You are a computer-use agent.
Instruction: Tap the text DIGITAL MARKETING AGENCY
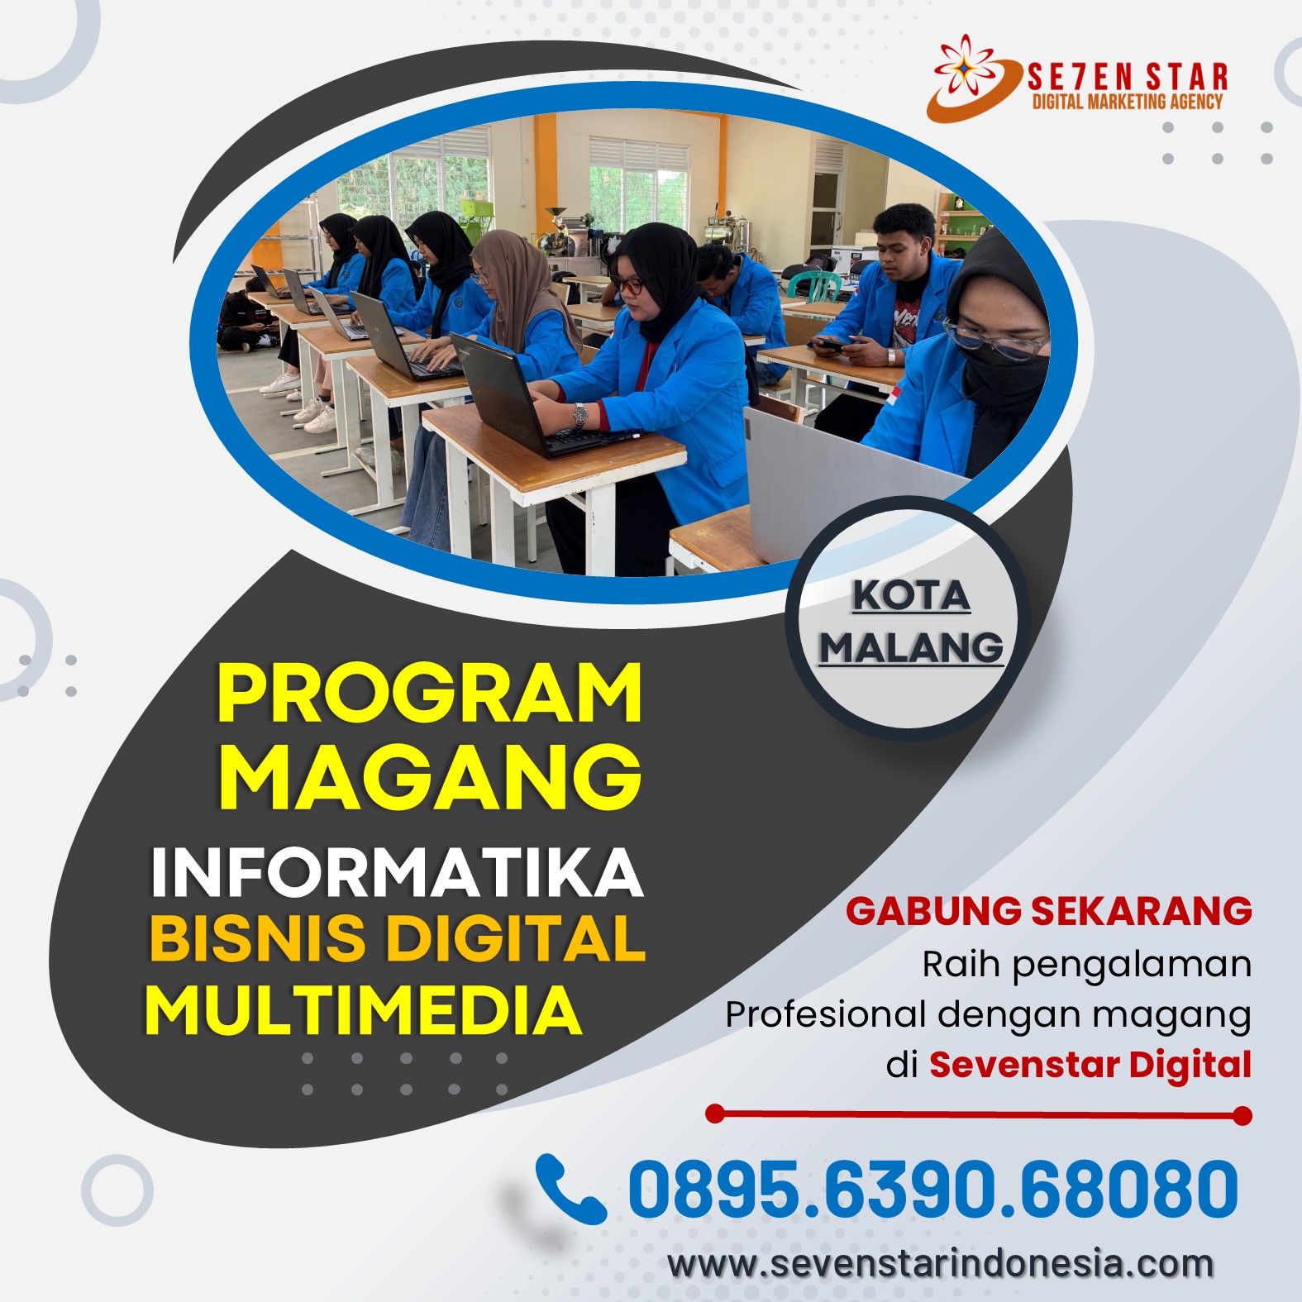pyautogui.click(x=1128, y=102)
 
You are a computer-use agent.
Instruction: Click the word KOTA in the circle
pyautogui.click(x=911, y=596)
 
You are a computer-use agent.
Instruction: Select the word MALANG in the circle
pyautogui.click(x=911, y=647)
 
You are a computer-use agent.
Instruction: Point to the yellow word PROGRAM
pyautogui.click(x=430, y=694)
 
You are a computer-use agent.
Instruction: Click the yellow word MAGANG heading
pyautogui.click(x=430, y=775)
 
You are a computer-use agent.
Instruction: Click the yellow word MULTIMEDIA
pyautogui.click(x=364, y=1010)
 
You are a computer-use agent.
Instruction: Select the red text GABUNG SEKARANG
pyautogui.click(x=1049, y=911)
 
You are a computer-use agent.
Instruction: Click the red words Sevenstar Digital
pyautogui.click(x=1090, y=1065)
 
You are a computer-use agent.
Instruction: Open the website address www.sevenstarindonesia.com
pyautogui.click(x=941, y=1265)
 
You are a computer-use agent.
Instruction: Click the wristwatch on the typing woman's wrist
pyautogui.click(x=580, y=414)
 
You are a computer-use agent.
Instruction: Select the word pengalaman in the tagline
pyautogui.click(x=1133, y=966)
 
